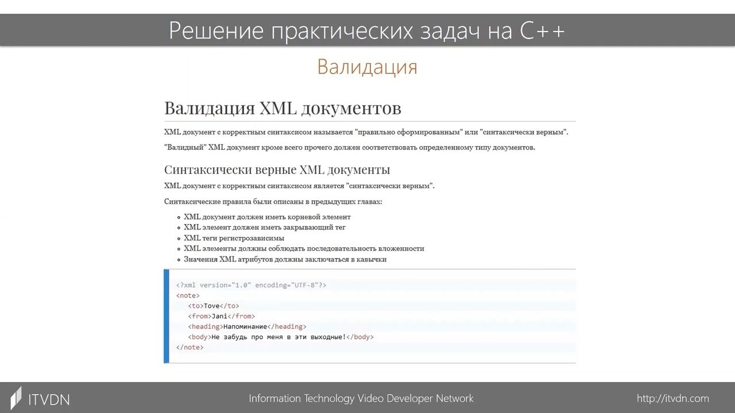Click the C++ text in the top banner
(541, 30)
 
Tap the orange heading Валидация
(367, 67)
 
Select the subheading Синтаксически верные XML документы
(277, 169)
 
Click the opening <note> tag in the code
(188, 295)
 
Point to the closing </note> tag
(189, 347)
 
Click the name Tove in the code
(211, 306)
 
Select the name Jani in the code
(219, 316)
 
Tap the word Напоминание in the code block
(245, 326)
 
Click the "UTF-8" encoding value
(303, 285)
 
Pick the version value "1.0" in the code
(241, 285)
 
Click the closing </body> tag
(360, 337)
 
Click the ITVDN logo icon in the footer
(16, 398)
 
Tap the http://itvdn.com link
(672, 398)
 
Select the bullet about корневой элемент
(267, 217)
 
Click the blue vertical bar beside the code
(167, 316)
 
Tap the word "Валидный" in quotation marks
(185, 147)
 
